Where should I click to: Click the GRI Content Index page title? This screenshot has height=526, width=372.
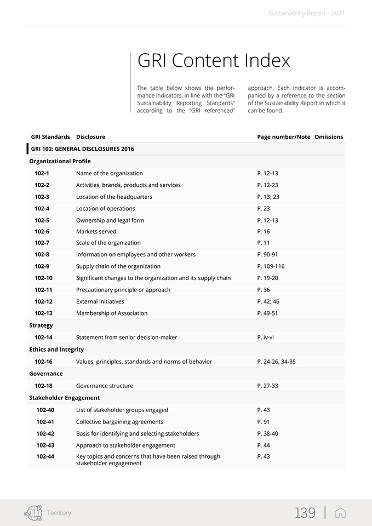point(214,60)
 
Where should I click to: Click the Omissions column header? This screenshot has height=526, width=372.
point(329,137)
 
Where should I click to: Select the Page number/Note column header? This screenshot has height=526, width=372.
point(284,137)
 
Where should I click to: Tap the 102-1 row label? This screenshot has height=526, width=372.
point(42,173)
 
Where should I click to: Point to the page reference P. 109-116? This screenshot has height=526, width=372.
point(271,266)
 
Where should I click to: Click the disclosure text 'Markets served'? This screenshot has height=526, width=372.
point(96,231)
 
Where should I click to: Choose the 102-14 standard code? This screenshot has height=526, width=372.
point(43,338)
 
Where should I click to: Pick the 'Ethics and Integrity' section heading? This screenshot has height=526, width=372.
point(56,350)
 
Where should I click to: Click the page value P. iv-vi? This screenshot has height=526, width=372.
point(265,338)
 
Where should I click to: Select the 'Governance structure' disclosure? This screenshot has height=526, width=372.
point(105,386)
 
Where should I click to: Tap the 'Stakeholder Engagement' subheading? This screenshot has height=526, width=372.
point(64,398)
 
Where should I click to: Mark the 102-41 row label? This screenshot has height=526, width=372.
point(45,422)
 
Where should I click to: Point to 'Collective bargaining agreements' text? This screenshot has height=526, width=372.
point(119,422)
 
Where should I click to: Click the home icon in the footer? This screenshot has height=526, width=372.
point(340,513)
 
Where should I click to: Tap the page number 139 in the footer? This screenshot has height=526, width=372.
point(305,513)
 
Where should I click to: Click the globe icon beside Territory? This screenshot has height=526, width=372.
point(33,513)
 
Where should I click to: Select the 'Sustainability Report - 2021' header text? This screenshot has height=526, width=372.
point(307,13)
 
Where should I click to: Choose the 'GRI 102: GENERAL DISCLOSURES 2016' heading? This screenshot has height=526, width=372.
point(82,149)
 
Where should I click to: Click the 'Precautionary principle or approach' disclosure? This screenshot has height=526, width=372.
point(123,290)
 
